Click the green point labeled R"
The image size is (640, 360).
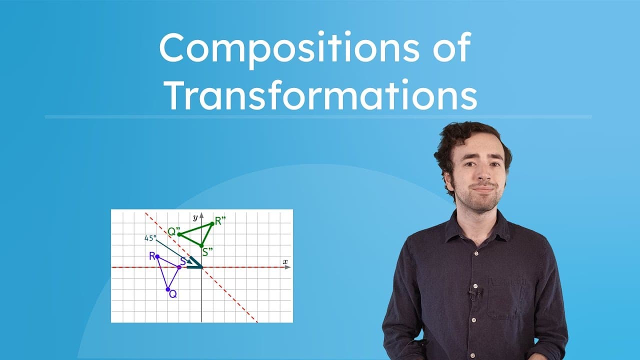[212, 223]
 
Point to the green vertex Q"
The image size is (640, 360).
[179, 234]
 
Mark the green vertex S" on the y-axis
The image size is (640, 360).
[201, 245]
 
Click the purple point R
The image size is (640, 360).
[157, 256]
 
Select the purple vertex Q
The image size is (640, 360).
[168, 289]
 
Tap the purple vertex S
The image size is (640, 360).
[179, 267]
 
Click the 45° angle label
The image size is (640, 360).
[150, 238]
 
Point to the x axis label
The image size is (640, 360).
[285, 261]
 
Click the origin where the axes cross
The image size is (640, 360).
[201, 267]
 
